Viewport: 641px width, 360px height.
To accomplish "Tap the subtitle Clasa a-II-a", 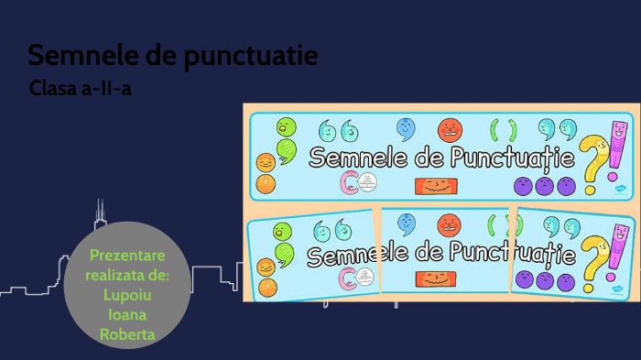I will click(x=87, y=90).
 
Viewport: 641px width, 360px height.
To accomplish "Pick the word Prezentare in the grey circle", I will click(x=127, y=253).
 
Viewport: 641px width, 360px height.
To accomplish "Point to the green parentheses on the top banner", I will click(x=505, y=130).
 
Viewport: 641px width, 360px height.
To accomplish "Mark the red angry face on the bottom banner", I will click(x=449, y=224).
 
